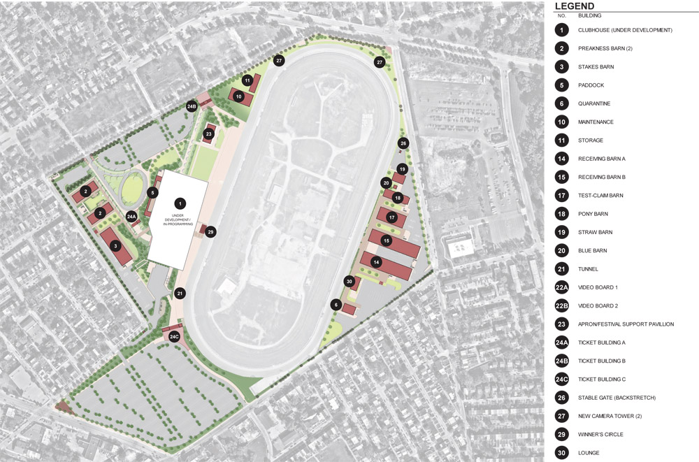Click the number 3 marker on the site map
coord(115,245)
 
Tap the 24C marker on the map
coord(175,336)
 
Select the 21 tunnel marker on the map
coord(180,294)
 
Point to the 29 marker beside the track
coord(211,231)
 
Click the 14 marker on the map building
coord(376,262)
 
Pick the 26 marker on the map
coord(403,143)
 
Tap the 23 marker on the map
coord(208,133)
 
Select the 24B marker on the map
coord(192,106)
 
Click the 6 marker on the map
coord(336,304)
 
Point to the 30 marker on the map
coord(349,281)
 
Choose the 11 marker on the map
coord(247,80)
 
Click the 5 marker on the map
coord(153,192)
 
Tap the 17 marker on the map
coord(391,217)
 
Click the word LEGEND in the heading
coord(575,6)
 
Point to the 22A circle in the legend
coord(561,287)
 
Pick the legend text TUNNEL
coord(588,269)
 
